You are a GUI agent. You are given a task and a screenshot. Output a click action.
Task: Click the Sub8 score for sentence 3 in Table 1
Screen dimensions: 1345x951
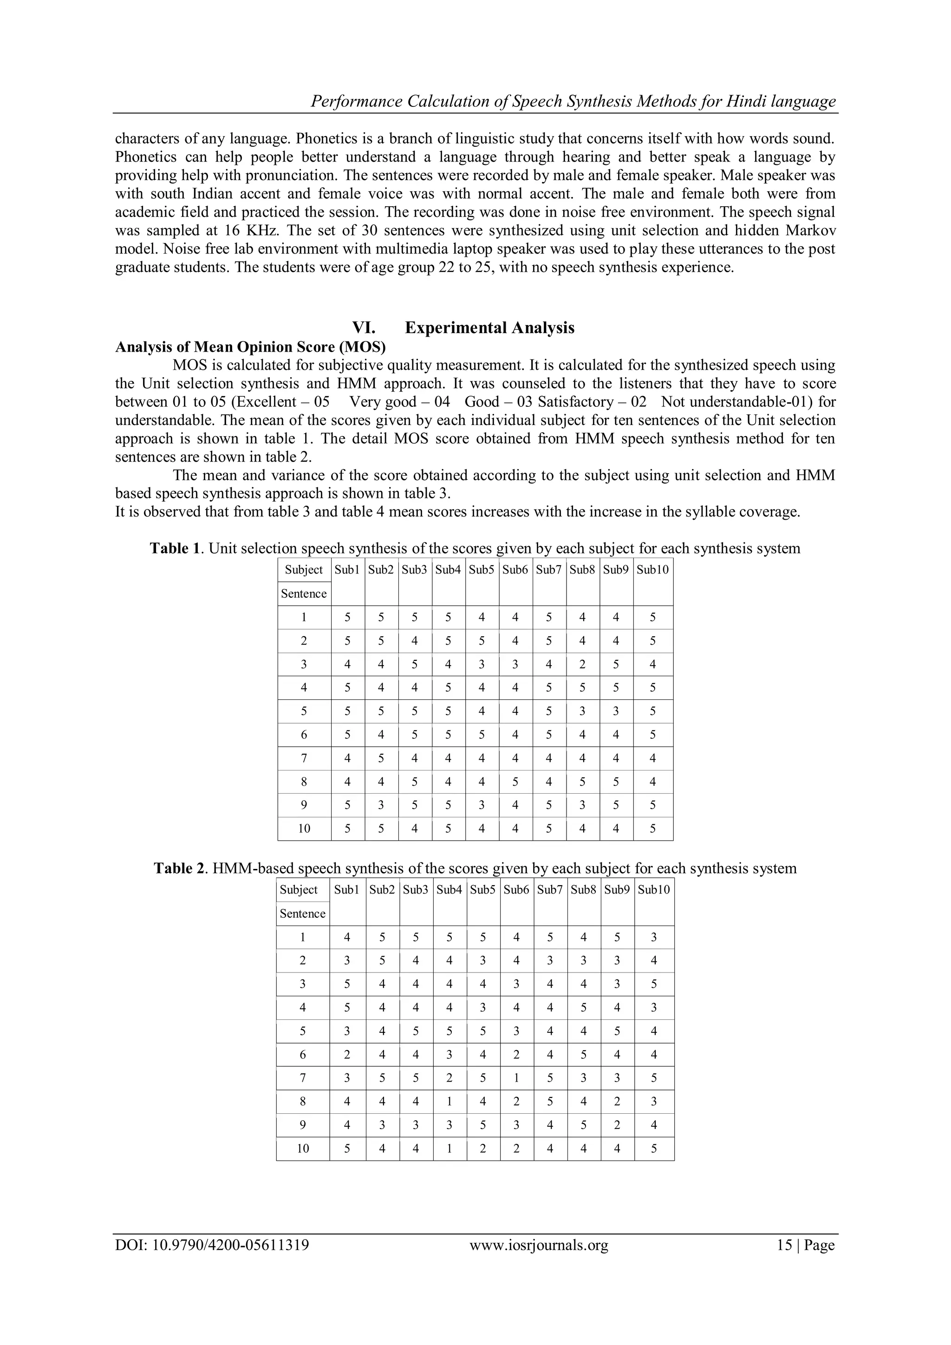[x=582, y=664]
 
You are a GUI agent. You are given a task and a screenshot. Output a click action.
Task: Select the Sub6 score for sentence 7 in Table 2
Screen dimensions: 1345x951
[x=516, y=1078]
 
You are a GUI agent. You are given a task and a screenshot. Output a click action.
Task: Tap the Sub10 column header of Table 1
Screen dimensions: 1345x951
[x=652, y=569]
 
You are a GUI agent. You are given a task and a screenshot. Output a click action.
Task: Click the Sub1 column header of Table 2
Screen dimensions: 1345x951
[x=347, y=889]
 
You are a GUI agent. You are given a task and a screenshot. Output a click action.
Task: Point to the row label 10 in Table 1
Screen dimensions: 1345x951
[x=304, y=829]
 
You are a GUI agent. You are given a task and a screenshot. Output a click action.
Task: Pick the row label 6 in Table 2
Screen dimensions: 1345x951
[x=303, y=1054]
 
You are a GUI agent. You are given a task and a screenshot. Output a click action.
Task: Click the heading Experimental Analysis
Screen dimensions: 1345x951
[x=489, y=327]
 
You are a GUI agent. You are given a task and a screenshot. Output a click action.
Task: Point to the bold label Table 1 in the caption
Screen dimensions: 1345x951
[x=175, y=548]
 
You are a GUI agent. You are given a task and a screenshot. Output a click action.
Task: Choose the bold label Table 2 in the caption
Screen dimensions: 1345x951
[x=179, y=868]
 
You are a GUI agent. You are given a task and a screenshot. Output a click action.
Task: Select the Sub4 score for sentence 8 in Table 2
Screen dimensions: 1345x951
[x=449, y=1101]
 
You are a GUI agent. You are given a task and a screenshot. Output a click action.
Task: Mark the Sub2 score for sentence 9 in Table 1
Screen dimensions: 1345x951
[x=381, y=805]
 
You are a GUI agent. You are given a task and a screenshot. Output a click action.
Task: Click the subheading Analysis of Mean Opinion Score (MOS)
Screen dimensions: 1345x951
[x=251, y=347]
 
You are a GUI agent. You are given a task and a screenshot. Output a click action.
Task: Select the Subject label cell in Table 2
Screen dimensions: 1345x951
[x=299, y=889]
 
